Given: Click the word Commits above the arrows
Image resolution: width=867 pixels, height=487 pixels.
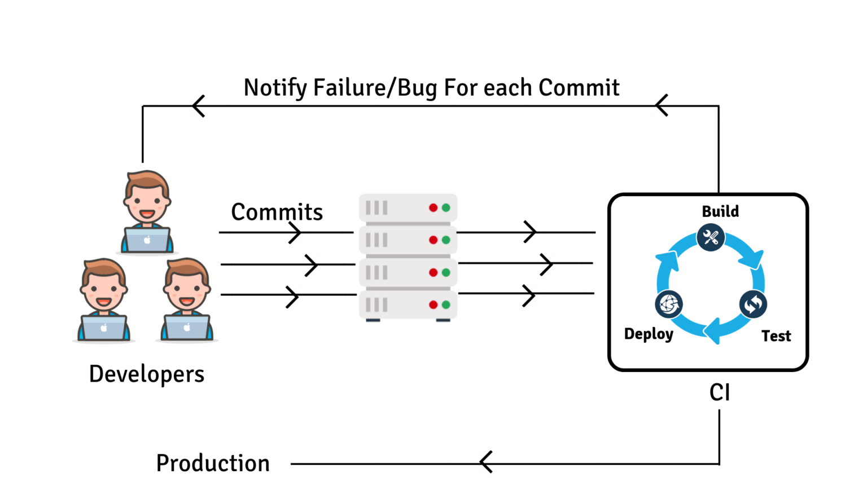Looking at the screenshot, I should [x=277, y=212].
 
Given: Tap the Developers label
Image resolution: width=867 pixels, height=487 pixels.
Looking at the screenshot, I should [x=147, y=374].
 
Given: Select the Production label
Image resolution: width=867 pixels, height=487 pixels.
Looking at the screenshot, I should [x=213, y=463].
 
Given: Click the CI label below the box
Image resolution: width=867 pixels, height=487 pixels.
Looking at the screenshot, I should [x=720, y=392].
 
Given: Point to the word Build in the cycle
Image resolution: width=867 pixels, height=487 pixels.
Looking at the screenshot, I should [x=720, y=211].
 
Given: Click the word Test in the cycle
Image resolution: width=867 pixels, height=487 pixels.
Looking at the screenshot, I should [x=776, y=336].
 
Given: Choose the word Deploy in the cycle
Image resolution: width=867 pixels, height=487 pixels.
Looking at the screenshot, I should [x=649, y=334].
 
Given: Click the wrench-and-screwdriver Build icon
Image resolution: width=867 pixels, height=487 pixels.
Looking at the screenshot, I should [x=711, y=237].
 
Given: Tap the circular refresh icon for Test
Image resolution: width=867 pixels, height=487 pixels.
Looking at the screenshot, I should [x=753, y=304].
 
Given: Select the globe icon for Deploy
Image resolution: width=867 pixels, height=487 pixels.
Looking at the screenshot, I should [x=669, y=304].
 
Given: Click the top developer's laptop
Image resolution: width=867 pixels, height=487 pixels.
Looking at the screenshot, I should [x=147, y=240].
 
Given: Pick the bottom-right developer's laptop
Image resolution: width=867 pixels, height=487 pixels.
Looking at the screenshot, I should [x=187, y=327].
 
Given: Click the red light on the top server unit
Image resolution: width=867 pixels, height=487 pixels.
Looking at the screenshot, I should [x=433, y=208].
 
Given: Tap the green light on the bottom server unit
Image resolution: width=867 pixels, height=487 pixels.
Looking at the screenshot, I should [x=446, y=305].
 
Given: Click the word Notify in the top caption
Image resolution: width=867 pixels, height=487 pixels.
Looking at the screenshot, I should [x=275, y=88].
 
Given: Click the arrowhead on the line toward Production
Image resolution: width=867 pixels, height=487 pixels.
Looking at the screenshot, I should [x=486, y=462].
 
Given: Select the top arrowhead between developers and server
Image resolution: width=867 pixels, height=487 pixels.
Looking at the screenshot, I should [x=295, y=232].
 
